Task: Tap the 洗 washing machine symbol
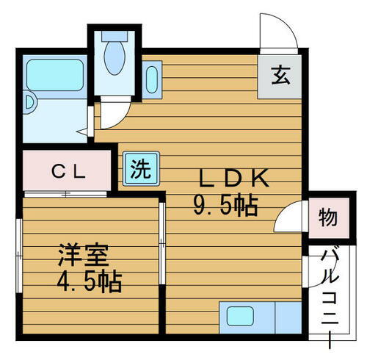pos(139,170)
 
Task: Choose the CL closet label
pos(69,172)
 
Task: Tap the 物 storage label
pos(327,218)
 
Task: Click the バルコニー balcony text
pos(328,289)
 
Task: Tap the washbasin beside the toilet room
pos(151,79)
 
